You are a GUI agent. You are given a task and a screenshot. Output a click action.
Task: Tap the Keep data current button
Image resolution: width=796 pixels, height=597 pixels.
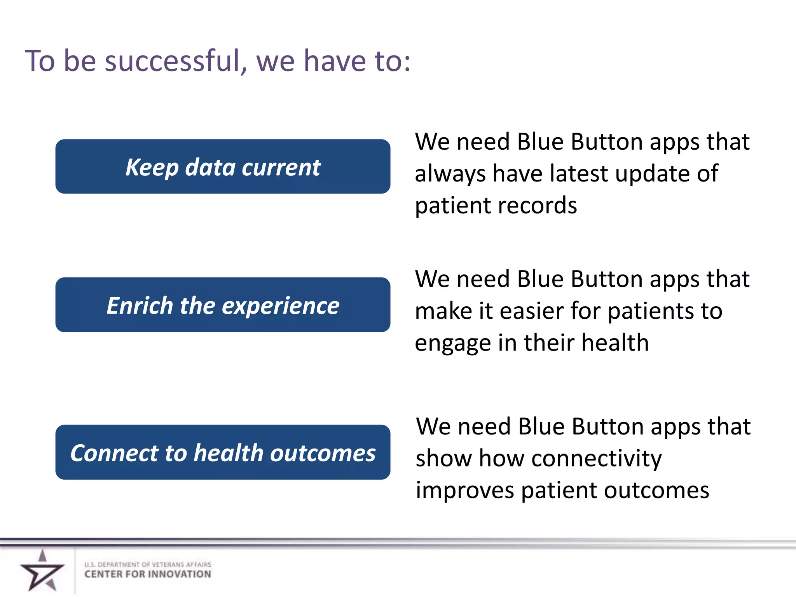pyautogui.click(x=223, y=166)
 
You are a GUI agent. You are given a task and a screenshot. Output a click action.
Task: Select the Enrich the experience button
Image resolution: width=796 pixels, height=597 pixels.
pyautogui.click(x=223, y=305)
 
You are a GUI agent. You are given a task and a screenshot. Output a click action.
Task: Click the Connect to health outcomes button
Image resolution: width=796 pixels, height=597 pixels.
pyautogui.click(x=223, y=452)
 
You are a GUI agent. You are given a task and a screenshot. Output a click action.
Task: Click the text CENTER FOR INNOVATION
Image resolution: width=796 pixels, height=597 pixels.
pyautogui.click(x=148, y=574)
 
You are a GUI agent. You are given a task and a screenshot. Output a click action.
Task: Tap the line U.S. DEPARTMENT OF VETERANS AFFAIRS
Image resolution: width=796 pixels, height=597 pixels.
pyautogui.click(x=148, y=564)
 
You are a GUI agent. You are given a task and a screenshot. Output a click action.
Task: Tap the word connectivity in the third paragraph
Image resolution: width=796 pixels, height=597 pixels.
pyautogui.click(x=596, y=459)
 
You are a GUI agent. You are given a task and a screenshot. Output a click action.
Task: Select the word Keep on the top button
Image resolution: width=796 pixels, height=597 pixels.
pyautogui.click(x=152, y=168)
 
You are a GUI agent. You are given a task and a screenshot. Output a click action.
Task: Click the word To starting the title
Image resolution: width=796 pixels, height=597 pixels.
pyautogui.click(x=40, y=61)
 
